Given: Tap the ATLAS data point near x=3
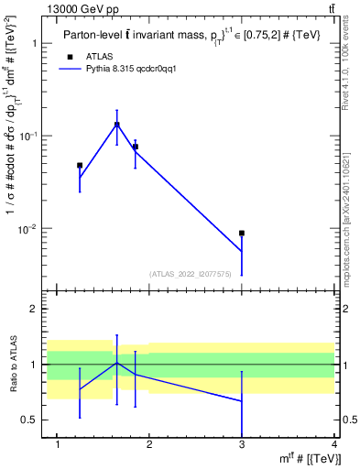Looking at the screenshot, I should click(242, 234).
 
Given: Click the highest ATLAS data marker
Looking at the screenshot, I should click(117, 125).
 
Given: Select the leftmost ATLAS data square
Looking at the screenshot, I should click(80, 166).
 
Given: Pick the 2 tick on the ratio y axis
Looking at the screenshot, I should click(38, 309).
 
